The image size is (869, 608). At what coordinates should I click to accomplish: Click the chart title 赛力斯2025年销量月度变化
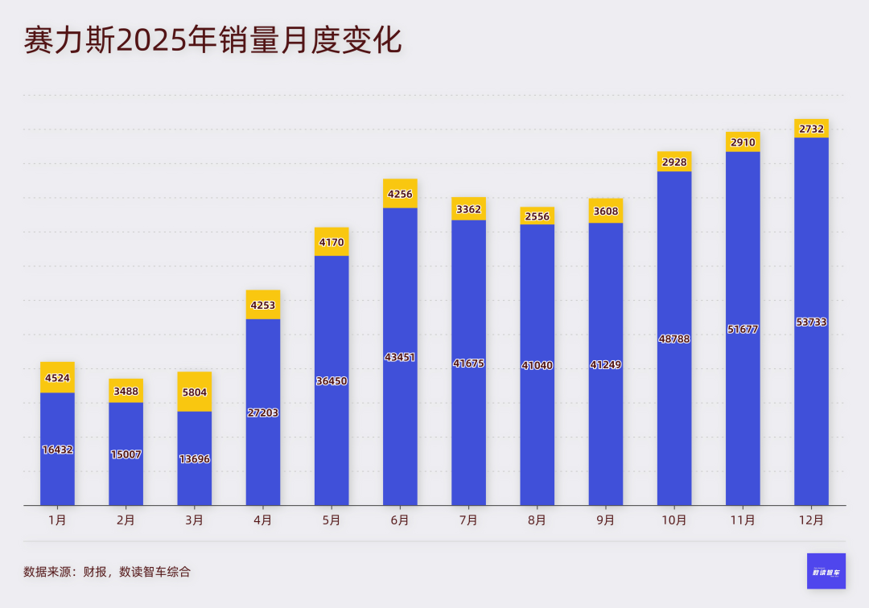[x=212, y=41]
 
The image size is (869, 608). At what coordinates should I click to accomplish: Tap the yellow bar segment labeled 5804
[x=194, y=392]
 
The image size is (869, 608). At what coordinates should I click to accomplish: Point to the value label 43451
[x=400, y=357]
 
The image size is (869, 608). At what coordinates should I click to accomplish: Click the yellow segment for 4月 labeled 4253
[x=263, y=305]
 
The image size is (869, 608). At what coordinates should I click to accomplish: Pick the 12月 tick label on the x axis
[x=811, y=520]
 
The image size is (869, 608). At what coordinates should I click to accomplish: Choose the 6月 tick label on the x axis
[x=400, y=520]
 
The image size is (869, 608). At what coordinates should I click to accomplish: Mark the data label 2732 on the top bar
[x=811, y=129]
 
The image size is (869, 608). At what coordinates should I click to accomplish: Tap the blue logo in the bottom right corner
[x=826, y=571]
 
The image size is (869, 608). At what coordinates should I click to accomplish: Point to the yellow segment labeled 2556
[x=537, y=216]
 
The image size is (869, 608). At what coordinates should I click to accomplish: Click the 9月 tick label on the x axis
[x=606, y=520]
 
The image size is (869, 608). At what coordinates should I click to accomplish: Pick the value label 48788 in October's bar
[x=674, y=339]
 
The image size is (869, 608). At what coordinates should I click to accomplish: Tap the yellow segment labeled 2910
[x=743, y=142]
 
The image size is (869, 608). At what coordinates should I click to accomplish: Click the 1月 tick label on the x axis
[x=57, y=520]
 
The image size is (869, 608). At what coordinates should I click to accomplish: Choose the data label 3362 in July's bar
[x=468, y=210]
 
